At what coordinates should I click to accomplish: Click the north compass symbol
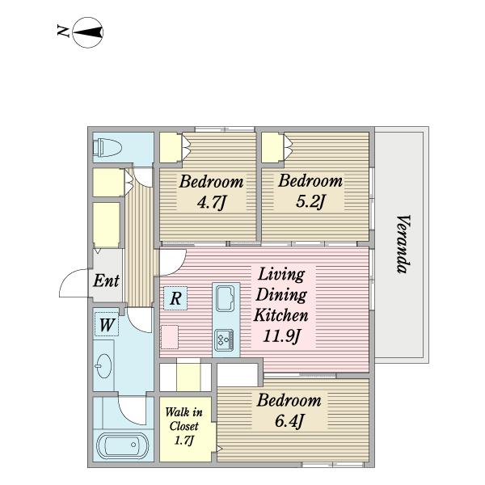88,32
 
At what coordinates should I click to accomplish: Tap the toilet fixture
107,148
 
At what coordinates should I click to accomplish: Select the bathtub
123,445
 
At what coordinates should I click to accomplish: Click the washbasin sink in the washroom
104,366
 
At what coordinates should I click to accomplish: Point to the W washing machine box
107,324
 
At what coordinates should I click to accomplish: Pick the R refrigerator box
175,298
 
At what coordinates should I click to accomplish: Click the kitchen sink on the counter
226,299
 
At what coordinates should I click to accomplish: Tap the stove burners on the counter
225,340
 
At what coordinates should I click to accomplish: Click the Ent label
106,280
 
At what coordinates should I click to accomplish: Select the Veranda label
403,244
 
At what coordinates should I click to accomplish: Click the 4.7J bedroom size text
212,203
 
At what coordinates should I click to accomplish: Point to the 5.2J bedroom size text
310,201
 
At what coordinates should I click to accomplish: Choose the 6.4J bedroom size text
289,421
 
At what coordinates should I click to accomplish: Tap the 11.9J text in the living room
281,336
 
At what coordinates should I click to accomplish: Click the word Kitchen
280,315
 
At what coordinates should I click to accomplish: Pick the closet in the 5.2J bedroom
272,147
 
